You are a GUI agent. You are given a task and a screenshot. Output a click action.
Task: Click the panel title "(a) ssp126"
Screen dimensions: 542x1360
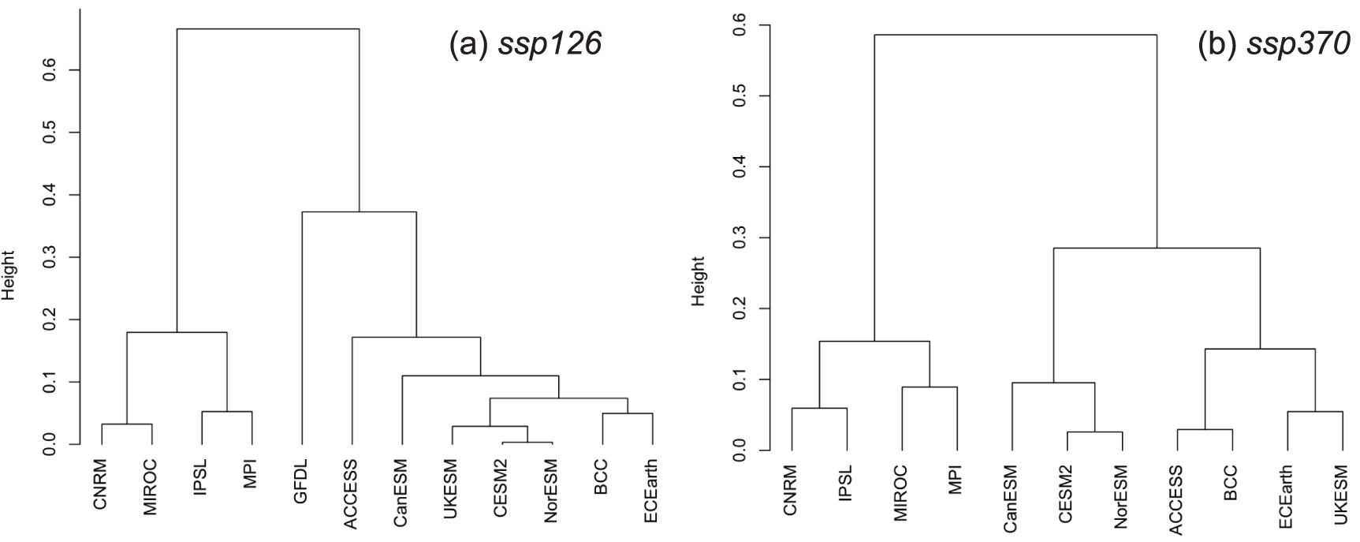(525, 44)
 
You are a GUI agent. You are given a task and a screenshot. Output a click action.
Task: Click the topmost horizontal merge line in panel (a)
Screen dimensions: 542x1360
(267, 29)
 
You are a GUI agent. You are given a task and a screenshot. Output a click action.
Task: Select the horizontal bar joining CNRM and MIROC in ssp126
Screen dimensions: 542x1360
(126, 424)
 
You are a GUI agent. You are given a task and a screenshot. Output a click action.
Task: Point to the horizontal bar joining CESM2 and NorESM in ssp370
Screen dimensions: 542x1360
(1094, 432)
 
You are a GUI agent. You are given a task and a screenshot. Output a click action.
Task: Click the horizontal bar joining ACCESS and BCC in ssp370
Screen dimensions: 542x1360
(1204, 430)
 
